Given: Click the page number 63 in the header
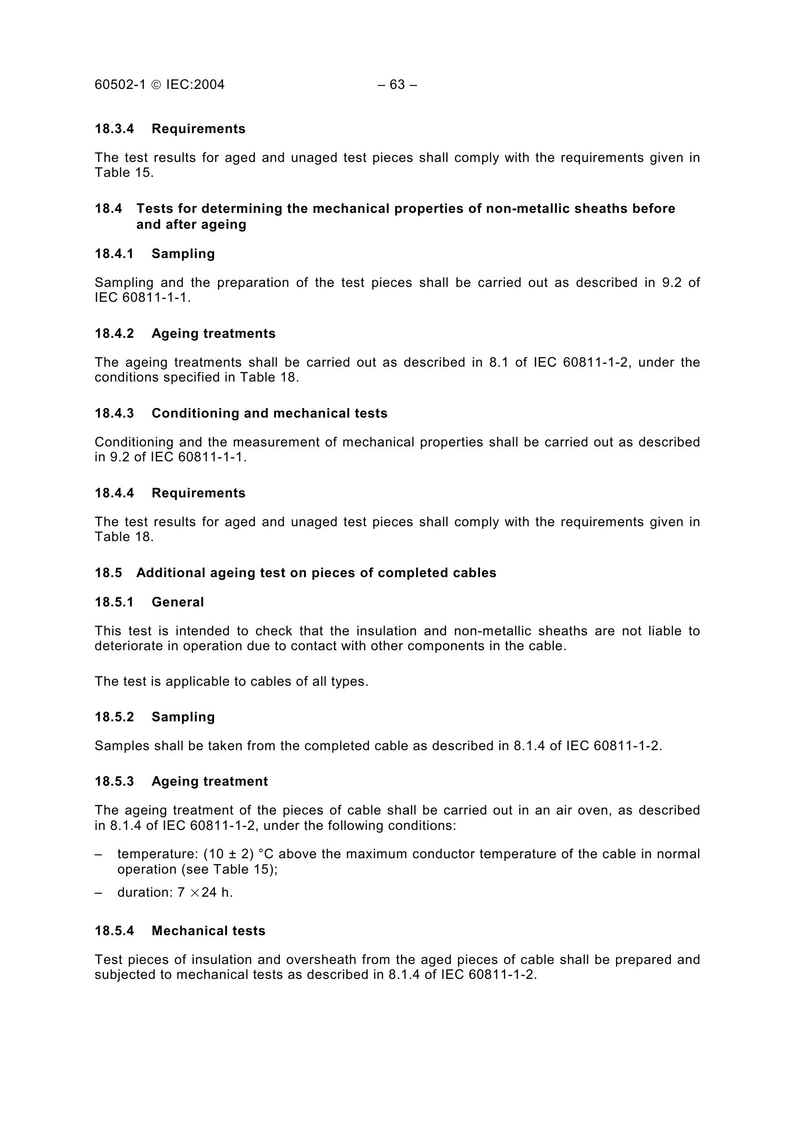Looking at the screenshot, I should click(x=397, y=85).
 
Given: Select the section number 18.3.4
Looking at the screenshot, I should click(x=114, y=129).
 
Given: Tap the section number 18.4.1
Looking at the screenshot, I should click(x=114, y=254).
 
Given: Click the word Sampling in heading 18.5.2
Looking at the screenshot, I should click(x=183, y=716).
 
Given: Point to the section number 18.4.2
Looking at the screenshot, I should click(x=114, y=333).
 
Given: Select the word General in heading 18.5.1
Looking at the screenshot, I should click(x=177, y=602).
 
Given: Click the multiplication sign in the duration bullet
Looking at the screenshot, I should click(x=194, y=893).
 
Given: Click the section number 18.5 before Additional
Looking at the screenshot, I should click(x=108, y=573).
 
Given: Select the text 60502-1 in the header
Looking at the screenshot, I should click(x=120, y=85).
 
